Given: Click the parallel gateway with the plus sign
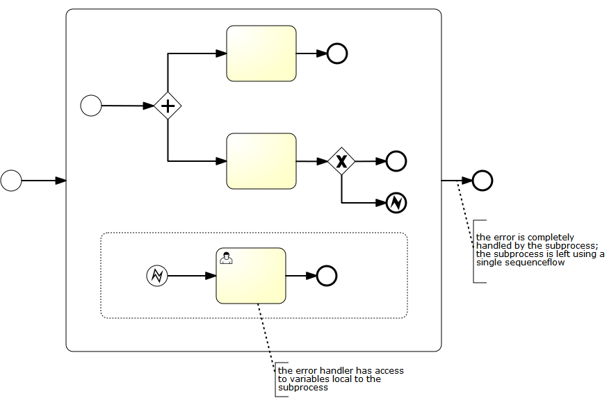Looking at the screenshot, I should pyautogui.click(x=168, y=106).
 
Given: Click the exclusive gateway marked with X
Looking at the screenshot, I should pyautogui.click(x=341, y=161).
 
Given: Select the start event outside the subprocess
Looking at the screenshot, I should pyautogui.click(x=11, y=181).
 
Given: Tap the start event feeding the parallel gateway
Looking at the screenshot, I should pyautogui.click(x=91, y=106).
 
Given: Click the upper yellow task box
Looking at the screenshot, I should pyautogui.click(x=261, y=53).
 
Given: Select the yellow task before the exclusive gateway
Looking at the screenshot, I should pyautogui.click(x=261, y=161).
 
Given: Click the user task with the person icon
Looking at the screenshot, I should pyautogui.click(x=251, y=276).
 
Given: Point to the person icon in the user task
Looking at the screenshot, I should pyautogui.click(x=227, y=258).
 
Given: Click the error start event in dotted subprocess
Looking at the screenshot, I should pyautogui.click(x=157, y=276).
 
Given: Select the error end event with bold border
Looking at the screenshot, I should pyautogui.click(x=396, y=203).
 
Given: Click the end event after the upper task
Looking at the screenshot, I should pyautogui.click(x=337, y=53).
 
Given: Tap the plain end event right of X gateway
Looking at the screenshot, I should pyautogui.click(x=396, y=161).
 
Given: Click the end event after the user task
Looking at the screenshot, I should pyautogui.click(x=327, y=276).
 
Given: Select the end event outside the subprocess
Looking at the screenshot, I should pyautogui.click(x=482, y=181).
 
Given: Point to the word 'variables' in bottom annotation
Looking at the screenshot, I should pyautogui.click(x=311, y=379).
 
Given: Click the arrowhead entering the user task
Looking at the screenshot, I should pyautogui.click(x=211, y=276).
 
